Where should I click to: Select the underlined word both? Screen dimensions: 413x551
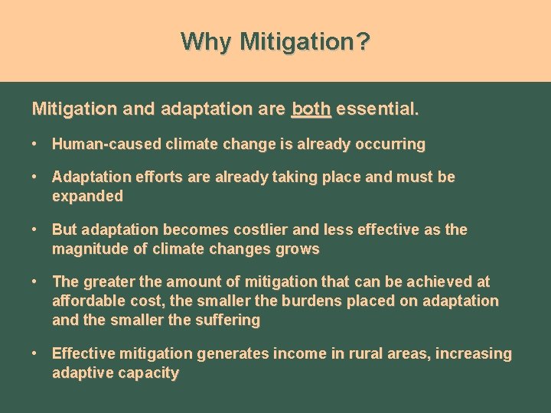point(311,109)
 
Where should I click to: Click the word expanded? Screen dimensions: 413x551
point(87,197)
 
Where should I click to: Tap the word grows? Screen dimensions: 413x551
point(299,249)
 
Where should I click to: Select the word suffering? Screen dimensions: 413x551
point(228,320)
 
